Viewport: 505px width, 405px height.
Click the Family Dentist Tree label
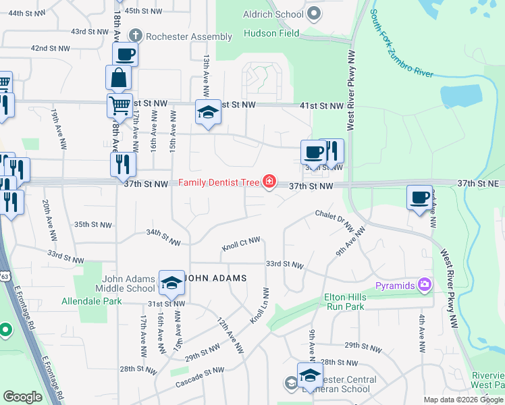tap(219, 183)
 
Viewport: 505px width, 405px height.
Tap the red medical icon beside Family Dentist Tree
tap(270, 181)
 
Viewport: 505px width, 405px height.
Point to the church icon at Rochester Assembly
tap(135, 35)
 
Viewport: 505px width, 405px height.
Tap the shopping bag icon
tap(119, 78)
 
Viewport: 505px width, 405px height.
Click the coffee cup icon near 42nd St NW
tap(126, 53)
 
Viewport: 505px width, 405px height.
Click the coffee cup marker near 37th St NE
tap(420, 197)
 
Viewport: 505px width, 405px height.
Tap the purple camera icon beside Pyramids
tap(424, 285)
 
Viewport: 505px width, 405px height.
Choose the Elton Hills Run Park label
tap(344, 302)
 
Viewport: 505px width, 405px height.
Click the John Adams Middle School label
tap(128, 283)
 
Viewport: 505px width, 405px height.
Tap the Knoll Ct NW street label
tap(240, 244)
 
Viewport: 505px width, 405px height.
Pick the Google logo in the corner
tap(22, 397)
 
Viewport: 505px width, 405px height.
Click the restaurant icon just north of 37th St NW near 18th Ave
tap(123, 163)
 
